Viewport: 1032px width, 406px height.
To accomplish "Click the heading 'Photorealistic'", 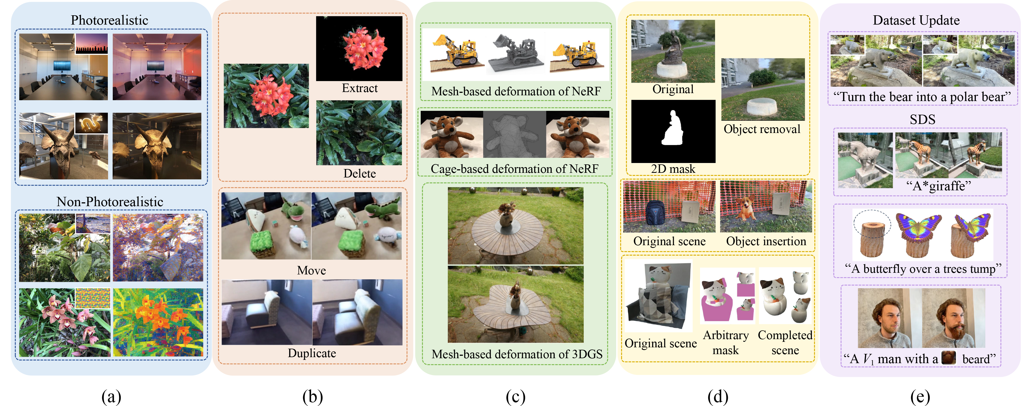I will [109, 20].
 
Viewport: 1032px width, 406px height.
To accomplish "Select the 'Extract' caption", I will [359, 88].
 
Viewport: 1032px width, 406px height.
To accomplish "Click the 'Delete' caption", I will [359, 174].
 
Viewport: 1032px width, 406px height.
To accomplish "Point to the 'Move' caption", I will [311, 271].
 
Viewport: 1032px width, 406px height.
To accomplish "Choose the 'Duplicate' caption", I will [312, 353].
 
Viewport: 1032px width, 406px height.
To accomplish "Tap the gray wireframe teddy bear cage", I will [514, 135].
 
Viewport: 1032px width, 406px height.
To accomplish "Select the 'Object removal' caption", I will [762, 129].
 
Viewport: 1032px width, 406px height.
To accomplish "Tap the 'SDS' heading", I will [922, 119].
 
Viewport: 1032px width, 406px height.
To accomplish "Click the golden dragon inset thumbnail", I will [91, 123].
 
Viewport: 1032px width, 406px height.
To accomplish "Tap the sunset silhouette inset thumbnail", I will [91, 43].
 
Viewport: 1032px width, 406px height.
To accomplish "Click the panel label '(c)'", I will [515, 397].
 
